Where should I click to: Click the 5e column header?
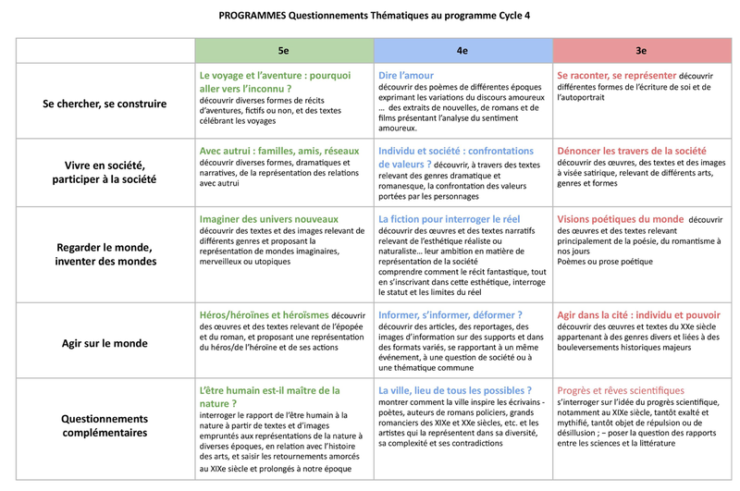click(x=283, y=51)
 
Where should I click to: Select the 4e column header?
click(x=462, y=51)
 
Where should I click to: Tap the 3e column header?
click(x=640, y=51)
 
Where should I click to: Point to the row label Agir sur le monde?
click(x=105, y=343)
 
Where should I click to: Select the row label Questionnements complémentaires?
click(x=105, y=425)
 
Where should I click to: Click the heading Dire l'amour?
click(x=406, y=75)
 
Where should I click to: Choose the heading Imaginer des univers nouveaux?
click(x=269, y=219)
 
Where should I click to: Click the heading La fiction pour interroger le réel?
click(x=450, y=219)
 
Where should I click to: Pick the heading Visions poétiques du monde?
click(x=620, y=219)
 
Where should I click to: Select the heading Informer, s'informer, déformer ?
click(x=450, y=314)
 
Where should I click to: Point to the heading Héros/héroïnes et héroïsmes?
click(x=264, y=314)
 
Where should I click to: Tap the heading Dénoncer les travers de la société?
click(x=632, y=150)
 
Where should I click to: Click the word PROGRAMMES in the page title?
click(x=253, y=16)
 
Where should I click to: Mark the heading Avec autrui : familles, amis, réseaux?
click(x=278, y=150)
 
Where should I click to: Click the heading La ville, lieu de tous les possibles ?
click(x=455, y=390)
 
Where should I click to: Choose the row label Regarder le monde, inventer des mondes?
click(x=105, y=254)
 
